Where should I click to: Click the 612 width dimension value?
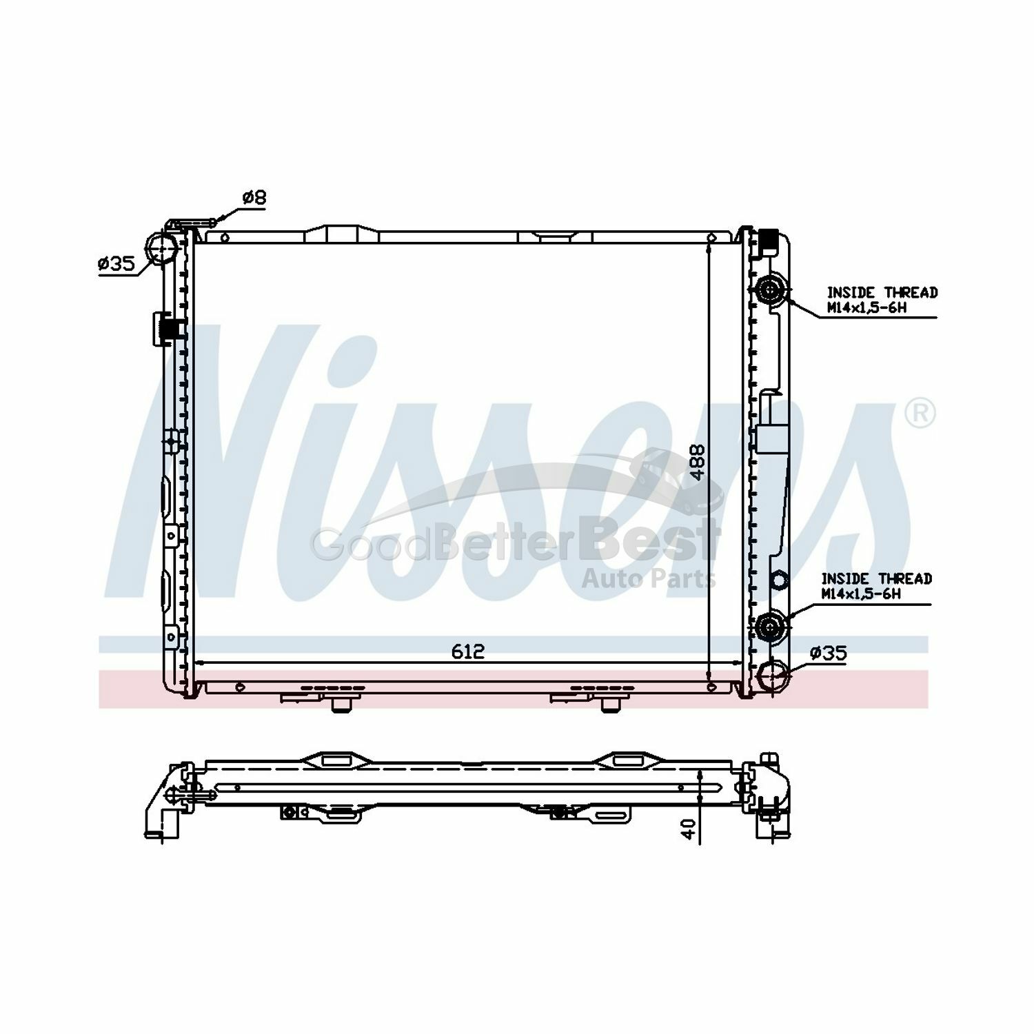469,651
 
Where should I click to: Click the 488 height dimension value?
698,461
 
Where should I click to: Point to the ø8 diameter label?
254,198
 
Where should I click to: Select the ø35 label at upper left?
115,263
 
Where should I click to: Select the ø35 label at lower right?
828,653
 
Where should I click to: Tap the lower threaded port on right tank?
770,627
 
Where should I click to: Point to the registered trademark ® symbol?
920,414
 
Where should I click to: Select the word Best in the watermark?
649,543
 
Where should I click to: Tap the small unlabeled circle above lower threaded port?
778,581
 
